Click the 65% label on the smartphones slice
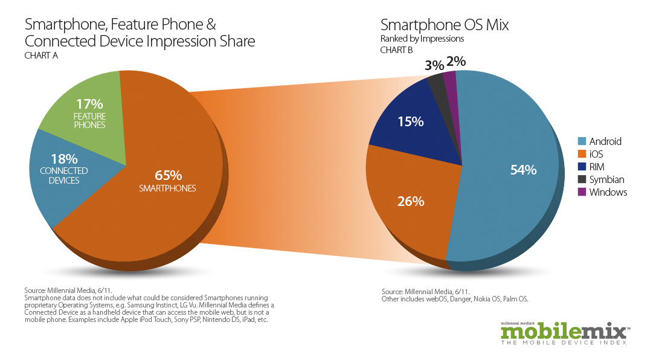pos(169,175)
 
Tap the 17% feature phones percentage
pos(90,104)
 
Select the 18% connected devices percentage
pos(64,159)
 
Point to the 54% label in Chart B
pos(523,170)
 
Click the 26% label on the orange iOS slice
pos(410,201)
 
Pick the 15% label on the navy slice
pos(411,121)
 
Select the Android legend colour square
pos(582,141)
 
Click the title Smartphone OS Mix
pos(444,25)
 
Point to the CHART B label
pos(396,50)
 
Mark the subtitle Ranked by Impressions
pos(422,39)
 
